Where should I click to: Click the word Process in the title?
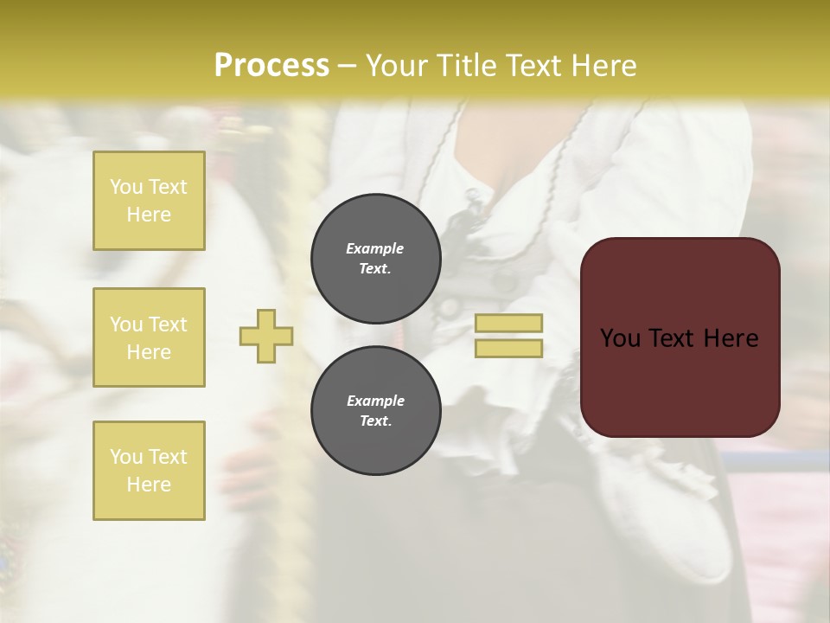(x=271, y=66)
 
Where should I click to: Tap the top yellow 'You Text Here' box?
(x=149, y=201)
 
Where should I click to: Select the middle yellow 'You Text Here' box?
(x=149, y=337)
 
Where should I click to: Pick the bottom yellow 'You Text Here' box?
(x=149, y=470)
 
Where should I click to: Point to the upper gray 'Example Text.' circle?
(x=376, y=259)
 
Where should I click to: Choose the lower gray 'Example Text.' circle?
(x=376, y=411)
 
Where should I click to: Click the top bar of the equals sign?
(x=508, y=323)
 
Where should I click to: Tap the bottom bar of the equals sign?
(x=508, y=348)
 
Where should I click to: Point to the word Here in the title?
(x=603, y=66)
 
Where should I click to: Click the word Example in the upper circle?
(x=375, y=249)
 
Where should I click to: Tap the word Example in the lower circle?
(x=375, y=401)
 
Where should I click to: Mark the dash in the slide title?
(x=347, y=66)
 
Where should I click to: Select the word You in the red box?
(x=620, y=338)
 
